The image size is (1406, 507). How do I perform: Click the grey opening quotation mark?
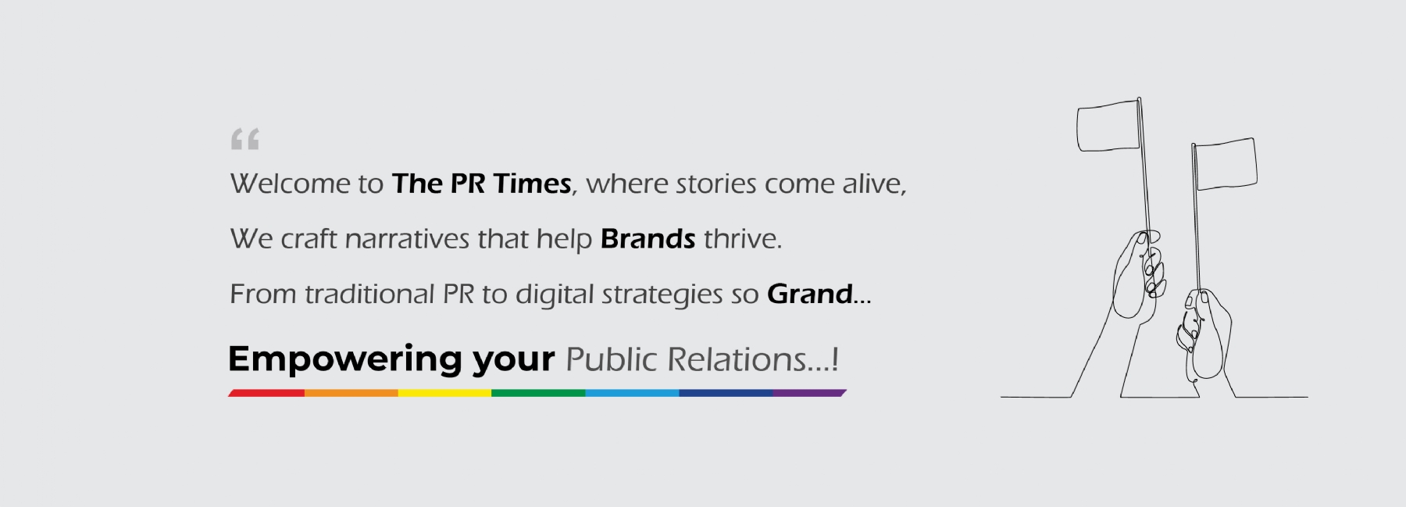coord(244,139)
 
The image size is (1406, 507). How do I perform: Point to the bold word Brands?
coord(648,238)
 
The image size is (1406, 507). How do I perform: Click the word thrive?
coord(742,238)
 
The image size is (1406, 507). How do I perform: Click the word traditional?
coord(369,294)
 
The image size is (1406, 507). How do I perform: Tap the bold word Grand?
coord(810,294)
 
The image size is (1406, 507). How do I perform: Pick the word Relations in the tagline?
coord(737,360)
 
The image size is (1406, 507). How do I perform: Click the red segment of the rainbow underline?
coord(266,393)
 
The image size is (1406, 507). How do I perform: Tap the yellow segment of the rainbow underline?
coord(444,393)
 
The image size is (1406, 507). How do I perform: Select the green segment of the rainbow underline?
coord(538,393)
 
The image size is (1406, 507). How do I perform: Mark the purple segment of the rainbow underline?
coord(809,393)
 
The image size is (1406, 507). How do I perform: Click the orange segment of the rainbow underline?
coord(351,393)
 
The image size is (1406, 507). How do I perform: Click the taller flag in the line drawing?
coord(1108,126)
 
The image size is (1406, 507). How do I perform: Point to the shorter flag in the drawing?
coord(1226,164)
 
